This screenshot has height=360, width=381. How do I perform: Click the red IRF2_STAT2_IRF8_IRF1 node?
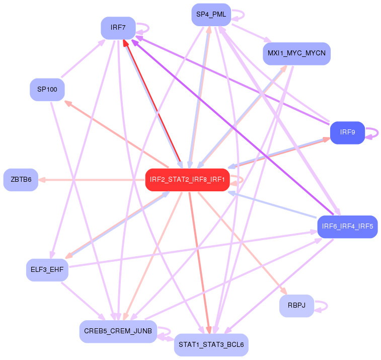pyautogui.click(x=187, y=180)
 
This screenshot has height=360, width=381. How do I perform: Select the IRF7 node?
pyautogui.click(x=118, y=28)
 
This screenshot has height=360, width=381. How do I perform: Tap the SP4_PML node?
pyautogui.click(x=211, y=15)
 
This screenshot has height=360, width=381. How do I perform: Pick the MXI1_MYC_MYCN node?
pyautogui.click(x=296, y=53)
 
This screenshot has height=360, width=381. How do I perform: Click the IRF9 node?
pyautogui.click(x=347, y=132)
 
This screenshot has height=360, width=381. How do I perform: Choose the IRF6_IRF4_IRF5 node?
pyautogui.click(x=347, y=227)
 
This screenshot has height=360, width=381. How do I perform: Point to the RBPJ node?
pyautogui.click(x=296, y=306)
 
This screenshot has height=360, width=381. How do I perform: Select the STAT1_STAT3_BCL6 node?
pyautogui.click(x=211, y=345)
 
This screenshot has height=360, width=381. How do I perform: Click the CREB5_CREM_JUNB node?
pyautogui.click(x=118, y=331)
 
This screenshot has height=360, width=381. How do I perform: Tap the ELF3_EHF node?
pyautogui.click(x=47, y=270)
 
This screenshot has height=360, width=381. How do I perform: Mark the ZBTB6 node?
pyautogui.click(x=21, y=180)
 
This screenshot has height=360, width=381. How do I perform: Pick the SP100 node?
pyautogui.click(x=47, y=90)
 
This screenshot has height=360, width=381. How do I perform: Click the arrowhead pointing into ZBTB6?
pyautogui.click(x=42, y=180)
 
